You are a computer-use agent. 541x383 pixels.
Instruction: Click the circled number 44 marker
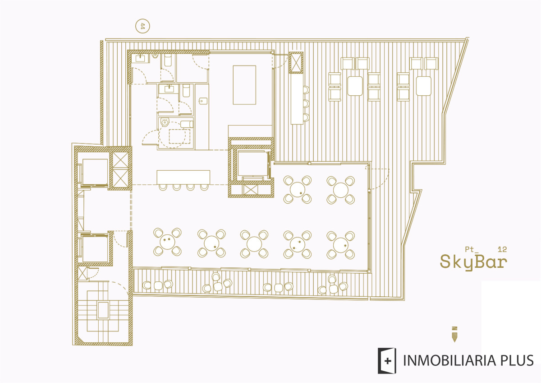(142, 26)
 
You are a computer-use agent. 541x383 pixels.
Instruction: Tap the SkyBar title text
(473, 262)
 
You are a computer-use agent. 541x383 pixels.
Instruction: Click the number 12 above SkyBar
(502, 249)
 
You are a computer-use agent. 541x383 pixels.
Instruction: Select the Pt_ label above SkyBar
(472, 249)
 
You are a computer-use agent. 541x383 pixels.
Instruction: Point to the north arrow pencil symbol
(454, 334)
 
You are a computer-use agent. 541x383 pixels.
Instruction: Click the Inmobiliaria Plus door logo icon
(387, 361)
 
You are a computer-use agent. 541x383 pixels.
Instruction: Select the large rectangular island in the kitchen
(244, 85)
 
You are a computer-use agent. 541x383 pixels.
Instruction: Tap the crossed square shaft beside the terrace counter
(296, 62)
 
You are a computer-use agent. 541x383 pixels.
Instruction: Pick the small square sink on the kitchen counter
(203, 101)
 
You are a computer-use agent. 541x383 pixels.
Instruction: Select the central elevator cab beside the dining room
(252, 164)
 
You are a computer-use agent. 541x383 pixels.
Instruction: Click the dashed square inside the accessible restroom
(179, 136)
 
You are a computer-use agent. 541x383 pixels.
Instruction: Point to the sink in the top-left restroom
(140, 58)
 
